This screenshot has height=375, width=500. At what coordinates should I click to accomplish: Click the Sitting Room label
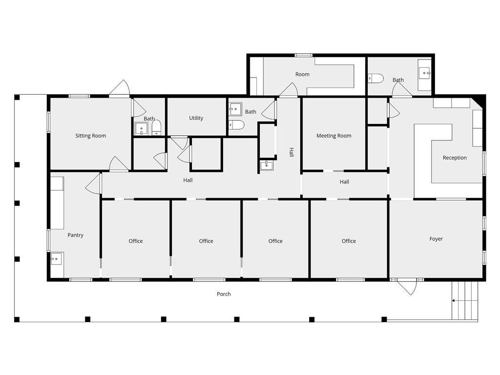[x=90, y=136]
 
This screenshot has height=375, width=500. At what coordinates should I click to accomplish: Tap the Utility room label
[x=196, y=118]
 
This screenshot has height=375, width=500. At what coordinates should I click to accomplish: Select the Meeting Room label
[x=334, y=136]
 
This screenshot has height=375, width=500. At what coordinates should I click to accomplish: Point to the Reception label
[x=455, y=158]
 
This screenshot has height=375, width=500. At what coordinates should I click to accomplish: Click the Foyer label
[x=436, y=239]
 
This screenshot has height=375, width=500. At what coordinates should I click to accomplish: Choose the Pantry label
[x=76, y=235]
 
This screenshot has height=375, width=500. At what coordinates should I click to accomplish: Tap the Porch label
[x=224, y=294]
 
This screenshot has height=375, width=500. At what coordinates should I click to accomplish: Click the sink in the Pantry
[x=57, y=259]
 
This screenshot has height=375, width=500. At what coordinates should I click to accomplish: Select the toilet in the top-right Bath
[x=375, y=79]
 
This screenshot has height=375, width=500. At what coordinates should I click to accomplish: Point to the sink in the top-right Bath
[x=424, y=73]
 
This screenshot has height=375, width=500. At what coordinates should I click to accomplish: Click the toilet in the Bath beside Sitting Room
[x=157, y=128]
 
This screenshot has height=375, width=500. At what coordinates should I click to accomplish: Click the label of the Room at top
[x=302, y=74]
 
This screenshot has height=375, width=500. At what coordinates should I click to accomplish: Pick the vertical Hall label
[x=292, y=152]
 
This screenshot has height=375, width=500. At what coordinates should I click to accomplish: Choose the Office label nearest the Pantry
[x=136, y=241]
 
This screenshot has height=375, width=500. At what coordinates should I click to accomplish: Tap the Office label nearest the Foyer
[x=349, y=241]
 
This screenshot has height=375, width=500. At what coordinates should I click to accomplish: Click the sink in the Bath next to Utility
[x=235, y=109]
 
